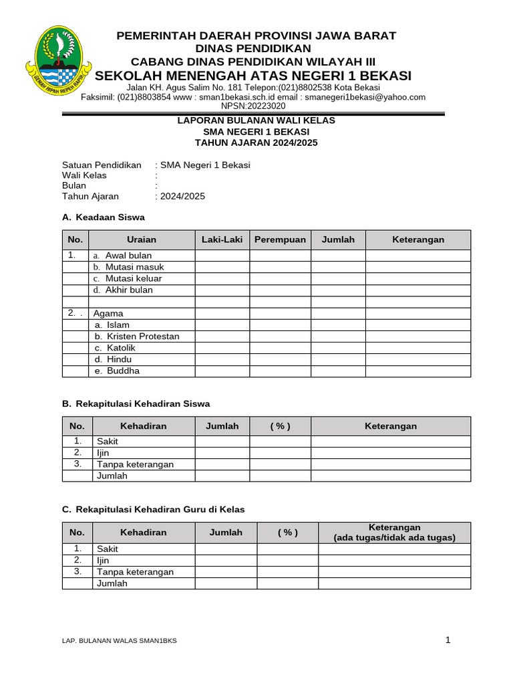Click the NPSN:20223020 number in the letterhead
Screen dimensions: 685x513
pyautogui.click(x=252, y=106)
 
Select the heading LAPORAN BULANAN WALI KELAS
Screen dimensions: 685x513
pyautogui.click(x=256, y=120)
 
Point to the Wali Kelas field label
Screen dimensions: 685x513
pyautogui.click(x=84, y=175)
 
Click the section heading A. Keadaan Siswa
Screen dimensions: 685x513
pyautogui.click(x=103, y=217)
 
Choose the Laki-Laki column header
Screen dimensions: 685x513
pyautogui.click(x=222, y=239)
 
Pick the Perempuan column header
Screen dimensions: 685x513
pyautogui.click(x=280, y=239)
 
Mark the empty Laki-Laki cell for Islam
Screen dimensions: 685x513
pyautogui.click(x=222, y=325)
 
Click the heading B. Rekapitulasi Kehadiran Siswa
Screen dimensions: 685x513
pyautogui.click(x=136, y=404)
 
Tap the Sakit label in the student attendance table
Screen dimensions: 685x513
pyautogui.click(x=108, y=442)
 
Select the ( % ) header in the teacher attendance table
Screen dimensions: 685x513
pyautogui.click(x=287, y=532)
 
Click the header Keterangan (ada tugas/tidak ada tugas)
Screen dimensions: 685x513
pyautogui.click(x=394, y=532)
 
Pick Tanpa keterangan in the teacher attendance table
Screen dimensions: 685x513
pyautogui.click(x=136, y=572)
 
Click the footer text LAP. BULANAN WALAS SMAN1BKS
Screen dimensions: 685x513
pyautogui.click(x=120, y=641)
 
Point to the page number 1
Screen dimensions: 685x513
pyautogui.click(x=448, y=640)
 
